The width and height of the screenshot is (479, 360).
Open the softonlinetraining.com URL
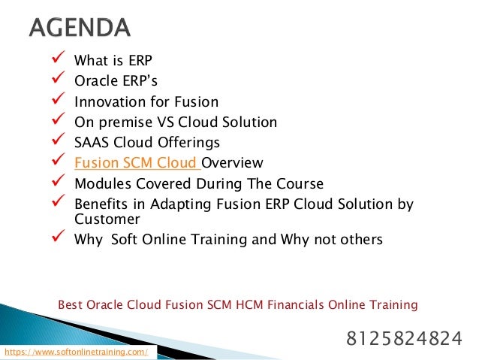point(76,352)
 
